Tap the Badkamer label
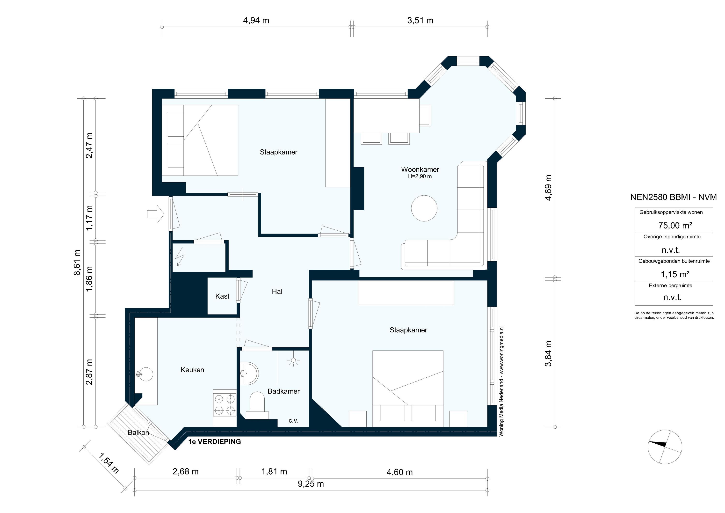click(283, 391)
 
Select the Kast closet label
click(222, 296)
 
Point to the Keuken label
click(192, 370)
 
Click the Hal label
click(277, 292)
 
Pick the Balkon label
click(138, 433)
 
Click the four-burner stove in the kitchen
click(225, 405)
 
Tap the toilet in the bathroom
click(257, 406)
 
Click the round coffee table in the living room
click(424, 208)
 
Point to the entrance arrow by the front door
click(156, 214)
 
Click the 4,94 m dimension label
click(256, 21)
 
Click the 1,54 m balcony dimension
click(109, 463)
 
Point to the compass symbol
click(665, 447)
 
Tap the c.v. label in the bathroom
click(293, 421)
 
